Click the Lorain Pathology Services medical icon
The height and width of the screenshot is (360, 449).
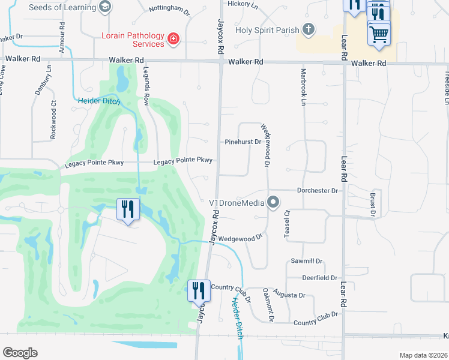(173, 39)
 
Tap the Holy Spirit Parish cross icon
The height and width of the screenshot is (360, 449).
(308, 29)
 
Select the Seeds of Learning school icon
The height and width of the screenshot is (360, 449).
(106, 6)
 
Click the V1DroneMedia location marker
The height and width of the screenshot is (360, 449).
(273, 202)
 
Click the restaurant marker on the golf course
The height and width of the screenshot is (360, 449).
(128, 209)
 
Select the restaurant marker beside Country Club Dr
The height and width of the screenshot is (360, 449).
(199, 291)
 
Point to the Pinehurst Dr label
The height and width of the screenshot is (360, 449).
(243, 142)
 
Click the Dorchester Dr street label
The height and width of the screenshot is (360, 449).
(318, 190)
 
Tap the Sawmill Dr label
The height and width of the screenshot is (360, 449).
(307, 262)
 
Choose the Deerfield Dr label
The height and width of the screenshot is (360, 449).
(320, 278)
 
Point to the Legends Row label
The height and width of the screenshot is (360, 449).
(146, 86)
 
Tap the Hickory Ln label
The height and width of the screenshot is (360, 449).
(242, 4)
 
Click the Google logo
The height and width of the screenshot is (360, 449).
(20, 353)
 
